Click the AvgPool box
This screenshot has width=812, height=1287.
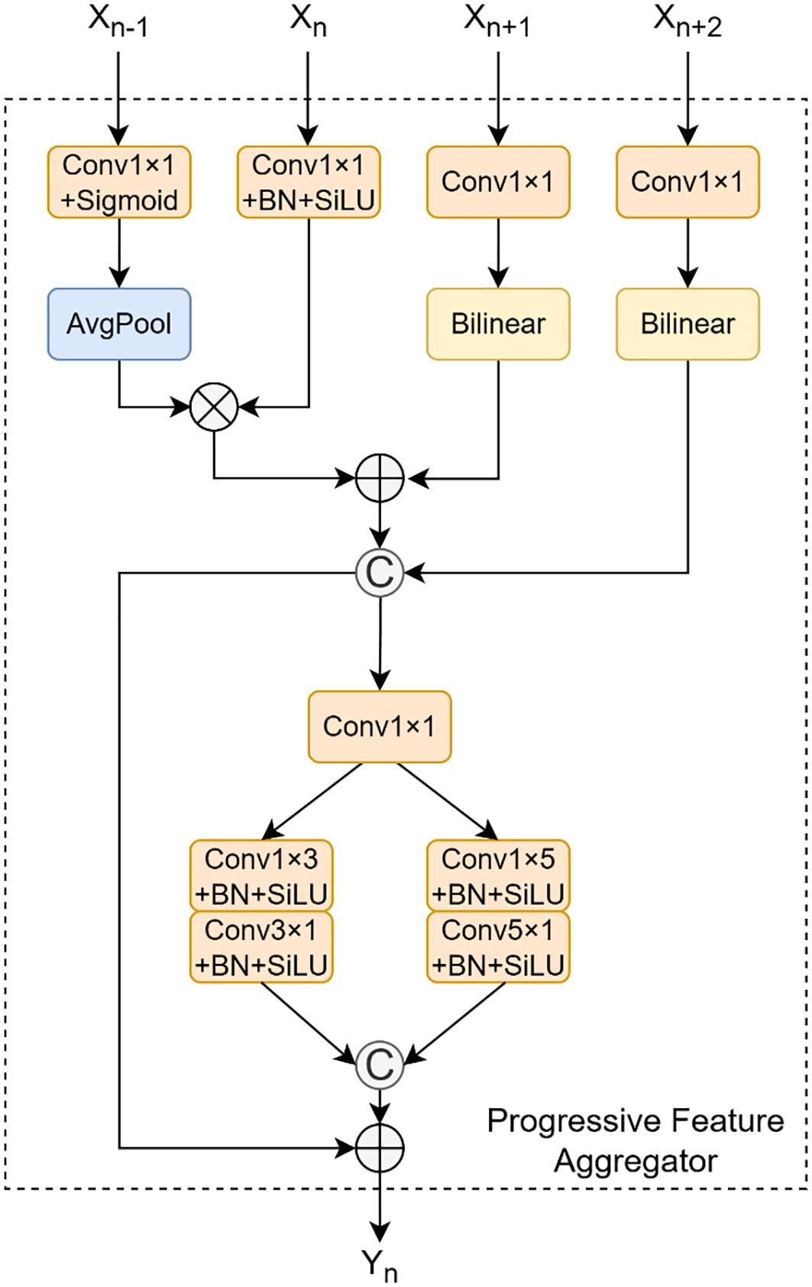pyautogui.click(x=119, y=324)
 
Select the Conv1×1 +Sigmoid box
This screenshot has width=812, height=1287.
pyautogui.click(x=119, y=183)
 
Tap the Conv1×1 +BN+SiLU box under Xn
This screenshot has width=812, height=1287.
pyautogui.click(x=309, y=183)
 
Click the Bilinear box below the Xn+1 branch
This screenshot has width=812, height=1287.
pyautogui.click(x=498, y=324)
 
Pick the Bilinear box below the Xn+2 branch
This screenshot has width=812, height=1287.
pyautogui.click(x=687, y=324)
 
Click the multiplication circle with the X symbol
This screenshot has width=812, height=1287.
pyautogui.click(x=214, y=406)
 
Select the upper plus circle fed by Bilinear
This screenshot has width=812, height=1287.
pyautogui.click(x=380, y=479)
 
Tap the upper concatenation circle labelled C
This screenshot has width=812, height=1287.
pyautogui.click(x=380, y=572)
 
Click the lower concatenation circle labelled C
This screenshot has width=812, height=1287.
pyautogui.click(x=380, y=1065)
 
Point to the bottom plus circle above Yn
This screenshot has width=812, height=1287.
pyautogui.click(x=380, y=1147)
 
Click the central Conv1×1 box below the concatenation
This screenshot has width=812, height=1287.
pyautogui.click(x=380, y=726)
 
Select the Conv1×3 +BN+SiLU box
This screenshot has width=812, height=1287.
pyautogui.click(x=261, y=875)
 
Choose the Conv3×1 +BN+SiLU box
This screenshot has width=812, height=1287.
pyautogui.click(x=261, y=947)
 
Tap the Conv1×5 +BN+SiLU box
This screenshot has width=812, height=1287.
pyautogui.click(x=498, y=875)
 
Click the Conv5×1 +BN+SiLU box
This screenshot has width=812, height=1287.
pyautogui.click(x=498, y=947)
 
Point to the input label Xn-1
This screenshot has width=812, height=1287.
pyautogui.click(x=118, y=21)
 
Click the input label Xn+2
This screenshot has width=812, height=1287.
pyautogui.click(x=687, y=21)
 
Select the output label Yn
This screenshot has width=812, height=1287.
pyautogui.click(x=380, y=1265)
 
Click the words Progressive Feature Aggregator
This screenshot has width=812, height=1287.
pyautogui.click(x=636, y=1140)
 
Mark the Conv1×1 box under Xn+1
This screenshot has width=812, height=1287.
pyautogui.click(x=498, y=183)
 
